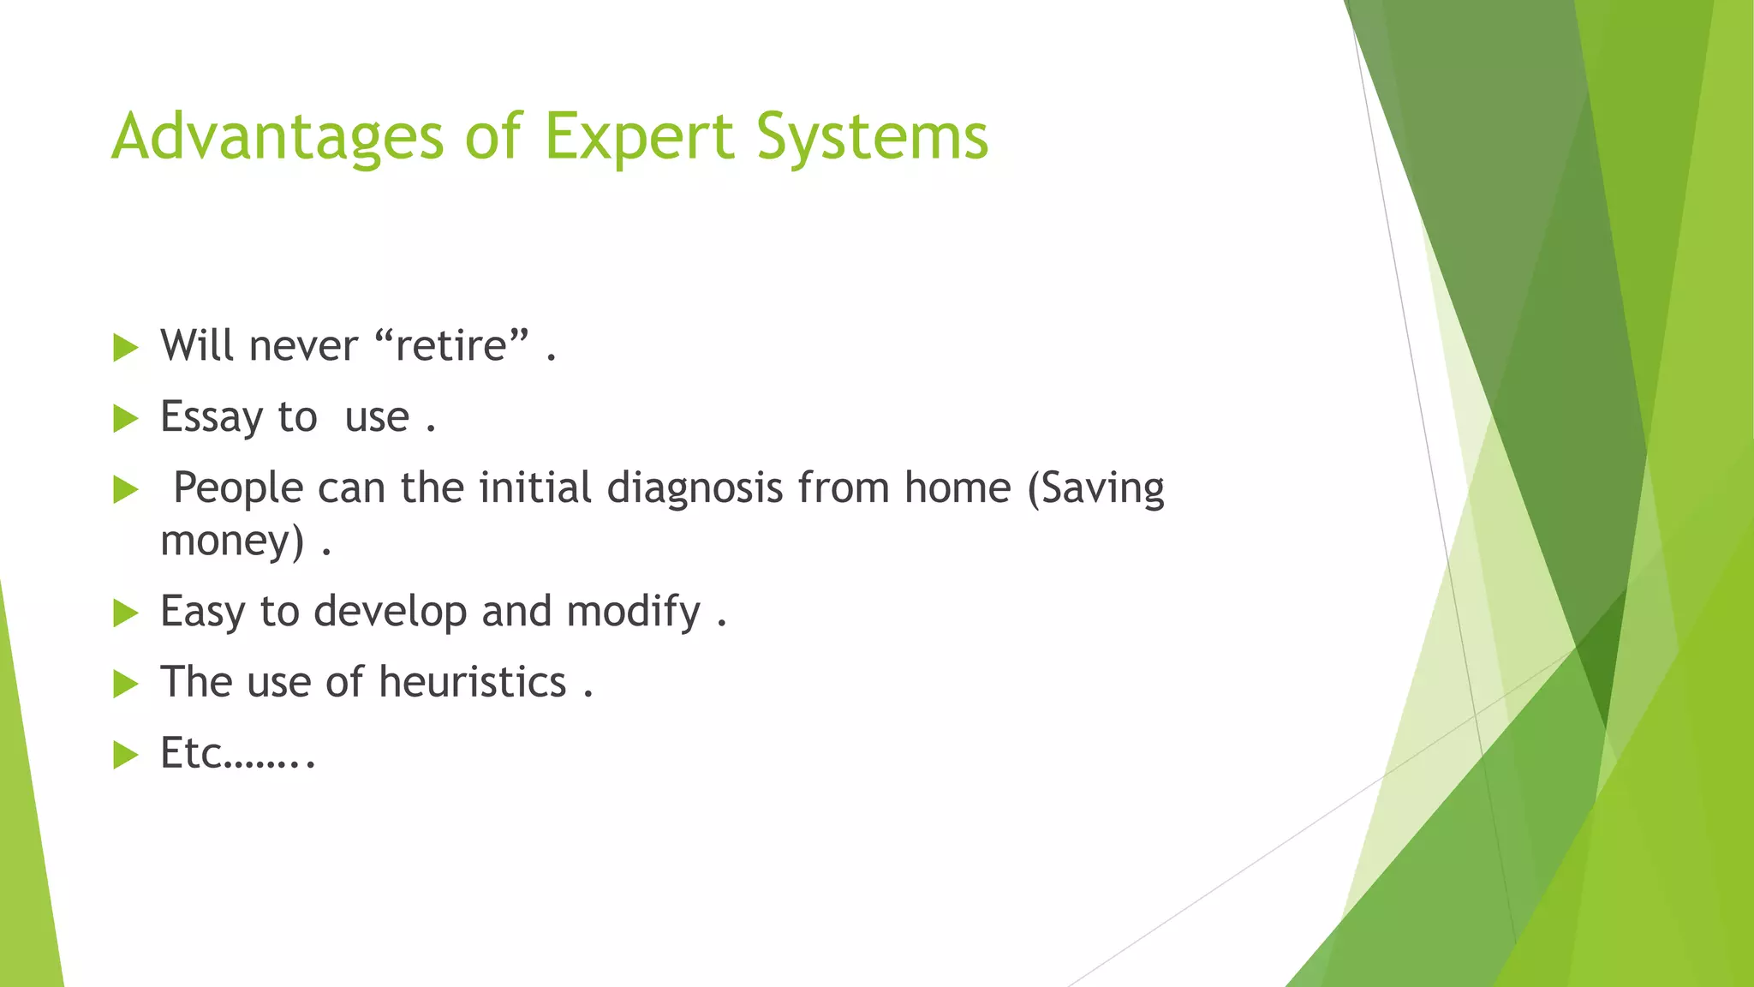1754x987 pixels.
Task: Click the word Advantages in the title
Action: pyautogui.click(x=277, y=137)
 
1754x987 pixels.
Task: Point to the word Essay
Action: pyautogui.click(x=212, y=418)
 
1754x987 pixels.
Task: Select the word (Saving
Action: pyautogui.click(x=1095, y=488)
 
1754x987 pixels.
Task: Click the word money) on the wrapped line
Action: pyautogui.click(x=232, y=541)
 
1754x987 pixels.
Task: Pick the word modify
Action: pyautogui.click(x=634, y=612)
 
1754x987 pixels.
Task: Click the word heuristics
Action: pyautogui.click(x=472, y=683)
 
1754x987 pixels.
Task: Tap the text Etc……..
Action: pyautogui.click(x=237, y=753)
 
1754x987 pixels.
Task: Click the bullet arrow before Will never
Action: pyautogui.click(x=125, y=348)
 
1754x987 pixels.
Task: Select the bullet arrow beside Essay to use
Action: pyautogui.click(x=125, y=419)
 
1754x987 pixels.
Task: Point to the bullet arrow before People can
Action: pyautogui.click(x=125, y=490)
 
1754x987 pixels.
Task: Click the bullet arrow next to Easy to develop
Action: pyautogui.click(x=125, y=613)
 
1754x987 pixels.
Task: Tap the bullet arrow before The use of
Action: pyautogui.click(x=125, y=684)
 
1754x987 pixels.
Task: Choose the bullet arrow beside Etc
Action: pyautogui.click(x=125, y=755)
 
